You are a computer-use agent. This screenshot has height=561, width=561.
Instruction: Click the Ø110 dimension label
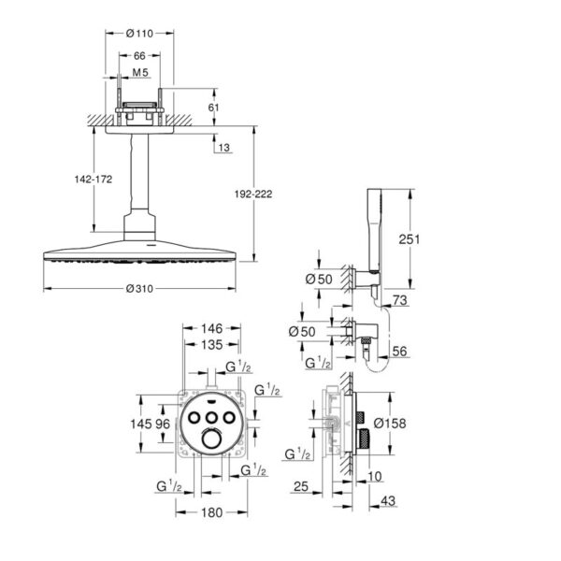click(x=139, y=34)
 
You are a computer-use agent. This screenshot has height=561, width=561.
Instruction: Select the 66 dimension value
click(x=139, y=56)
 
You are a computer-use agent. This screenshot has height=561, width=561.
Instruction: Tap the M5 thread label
click(x=140, y=72)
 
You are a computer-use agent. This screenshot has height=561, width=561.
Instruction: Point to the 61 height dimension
click(x=213, y=108)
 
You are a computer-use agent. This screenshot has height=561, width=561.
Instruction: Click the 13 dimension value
click(x=224, y=148)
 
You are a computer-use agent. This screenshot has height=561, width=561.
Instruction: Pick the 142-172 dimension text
click(x=93, y=179)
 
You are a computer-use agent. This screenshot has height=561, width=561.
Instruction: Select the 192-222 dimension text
click(x=253, y=194)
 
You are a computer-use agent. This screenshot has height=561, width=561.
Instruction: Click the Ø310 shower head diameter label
click(x=139, y=288)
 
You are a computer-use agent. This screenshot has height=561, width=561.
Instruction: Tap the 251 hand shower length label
click(x=410, y=239)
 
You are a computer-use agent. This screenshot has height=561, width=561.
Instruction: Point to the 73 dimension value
click(x=399, y=300)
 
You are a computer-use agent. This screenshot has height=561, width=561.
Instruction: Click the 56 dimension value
click(x=399, y=351)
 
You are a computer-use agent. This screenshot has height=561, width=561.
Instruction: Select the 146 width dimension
click(x=212, y=328)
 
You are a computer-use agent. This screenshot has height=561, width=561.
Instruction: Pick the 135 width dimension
click(x=212, y=344)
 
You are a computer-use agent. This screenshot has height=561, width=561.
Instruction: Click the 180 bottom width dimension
click(x=212, y=512)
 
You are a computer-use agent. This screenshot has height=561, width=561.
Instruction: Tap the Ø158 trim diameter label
click(x=390, y=424)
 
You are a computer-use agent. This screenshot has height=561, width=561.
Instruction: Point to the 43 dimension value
click(x=388, y=500)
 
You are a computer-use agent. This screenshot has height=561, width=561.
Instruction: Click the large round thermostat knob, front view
click(x=212, y=439)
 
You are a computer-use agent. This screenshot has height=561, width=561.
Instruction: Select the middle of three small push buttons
click(x=212, y=417)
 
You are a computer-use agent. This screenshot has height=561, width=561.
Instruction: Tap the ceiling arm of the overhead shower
click(x=139, y=172)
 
